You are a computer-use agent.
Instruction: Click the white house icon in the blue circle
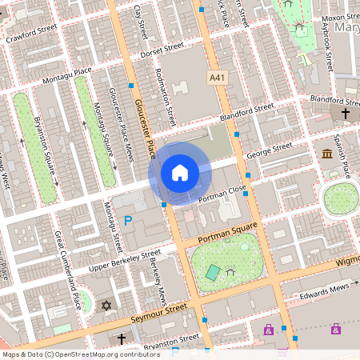(180, 172)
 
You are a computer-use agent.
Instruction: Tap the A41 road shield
(217, 77)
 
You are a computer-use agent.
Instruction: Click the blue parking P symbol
(128, 221)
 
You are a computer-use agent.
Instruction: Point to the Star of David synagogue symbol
(107, 305)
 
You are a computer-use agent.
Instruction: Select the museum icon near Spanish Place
(326, 154)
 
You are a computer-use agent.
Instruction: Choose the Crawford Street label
(32, 34)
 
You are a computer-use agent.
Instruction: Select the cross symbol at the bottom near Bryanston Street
(122, 338)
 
